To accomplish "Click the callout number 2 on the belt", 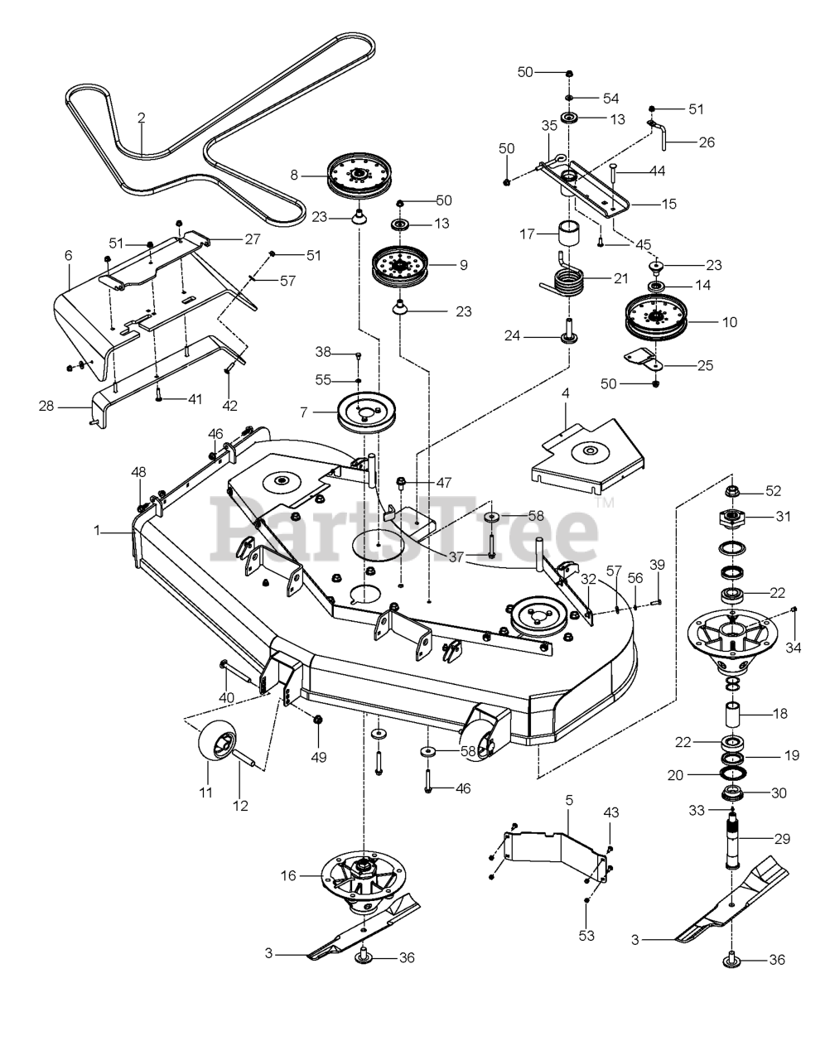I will coord(141,118).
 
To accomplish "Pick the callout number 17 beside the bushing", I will coord(526,234).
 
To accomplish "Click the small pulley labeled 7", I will coord(368,411).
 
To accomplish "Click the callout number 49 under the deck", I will coord(318,757).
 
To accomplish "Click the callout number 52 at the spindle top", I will coord(773,491).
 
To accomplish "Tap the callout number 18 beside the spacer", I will coord(779,713).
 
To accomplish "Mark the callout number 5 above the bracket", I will coord(569,800).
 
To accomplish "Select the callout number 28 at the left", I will coord(46,406).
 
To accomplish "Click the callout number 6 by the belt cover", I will coord(69,257).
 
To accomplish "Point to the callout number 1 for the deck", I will coord(97,530).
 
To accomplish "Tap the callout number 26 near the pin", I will coord(706,142).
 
